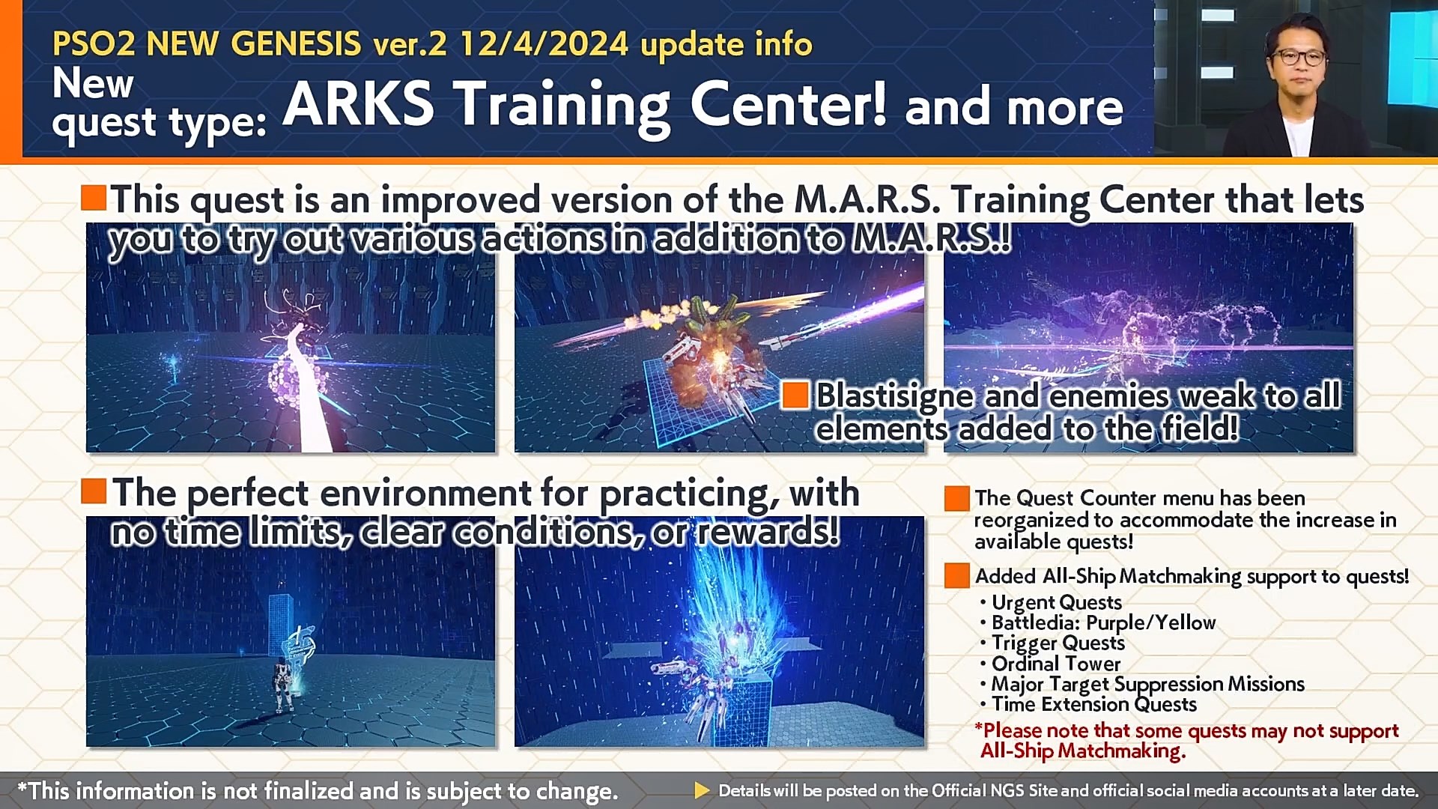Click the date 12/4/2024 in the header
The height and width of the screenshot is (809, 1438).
click(544, 44)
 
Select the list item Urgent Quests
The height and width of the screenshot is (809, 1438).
click(1056, 602)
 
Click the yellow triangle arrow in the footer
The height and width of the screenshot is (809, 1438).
click(702, 790)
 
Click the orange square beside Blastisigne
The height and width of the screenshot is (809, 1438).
click(795, 395)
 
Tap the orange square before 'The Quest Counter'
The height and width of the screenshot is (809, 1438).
click(956, 499)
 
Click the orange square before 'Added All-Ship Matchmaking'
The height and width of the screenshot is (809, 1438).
click(956, 576)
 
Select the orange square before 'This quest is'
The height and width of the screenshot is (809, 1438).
click(94, 198)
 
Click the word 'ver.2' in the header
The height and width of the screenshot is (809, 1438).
click(410, 44)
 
